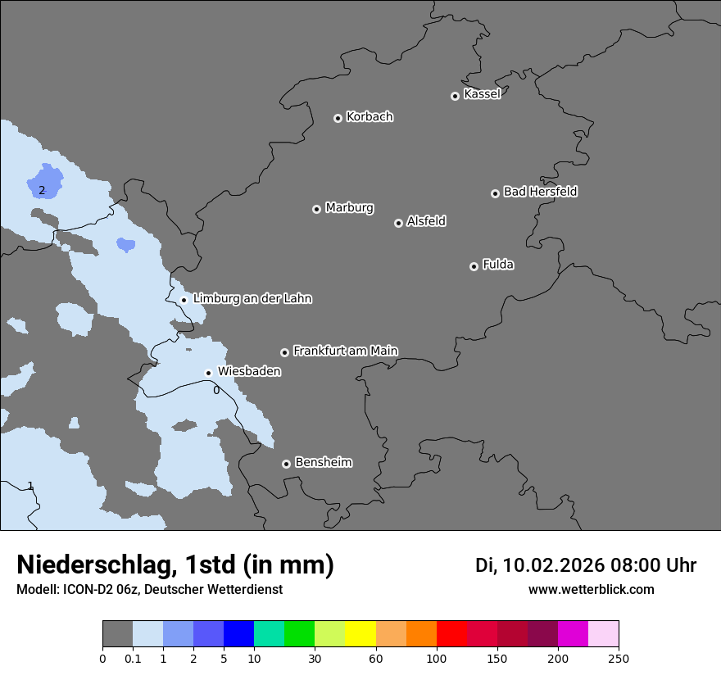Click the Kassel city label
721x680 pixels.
point(482,94)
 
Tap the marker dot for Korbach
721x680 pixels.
point(338,118)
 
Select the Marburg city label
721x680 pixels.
point(349,208)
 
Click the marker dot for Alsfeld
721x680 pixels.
point(398,223)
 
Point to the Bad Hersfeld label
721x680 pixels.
point(540,192)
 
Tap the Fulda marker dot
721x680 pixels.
point(474,266)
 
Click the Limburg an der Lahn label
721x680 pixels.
point(252,299)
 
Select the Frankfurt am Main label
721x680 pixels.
point(345,351)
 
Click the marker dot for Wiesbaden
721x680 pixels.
point(209,373)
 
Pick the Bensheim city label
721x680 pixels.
point(323,462)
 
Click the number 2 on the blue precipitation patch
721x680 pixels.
point(42,191)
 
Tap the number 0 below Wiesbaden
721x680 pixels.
point(216,390)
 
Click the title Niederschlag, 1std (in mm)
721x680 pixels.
point(175,564)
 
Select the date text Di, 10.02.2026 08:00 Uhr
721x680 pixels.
point(586,565)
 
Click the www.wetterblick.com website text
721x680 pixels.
point(591,589)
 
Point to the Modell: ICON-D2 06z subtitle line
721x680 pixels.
point(149,589)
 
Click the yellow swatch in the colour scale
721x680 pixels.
point(360,634)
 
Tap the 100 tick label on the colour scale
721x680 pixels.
point(437,658)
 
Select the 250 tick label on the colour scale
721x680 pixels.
point(619,658)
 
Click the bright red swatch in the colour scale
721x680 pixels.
point(451,634)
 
